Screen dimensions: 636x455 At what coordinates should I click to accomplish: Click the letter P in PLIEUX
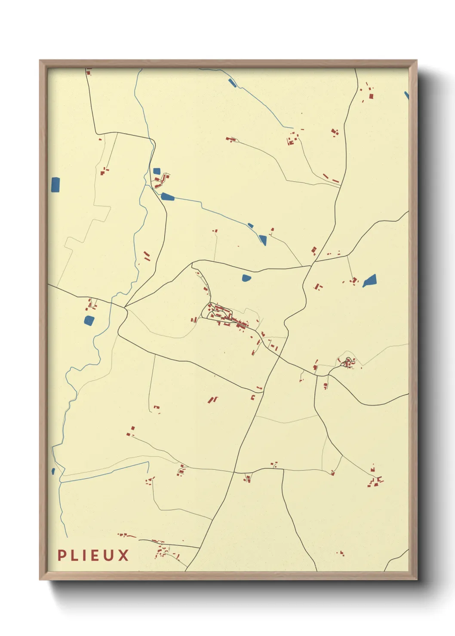(x=61, y=555)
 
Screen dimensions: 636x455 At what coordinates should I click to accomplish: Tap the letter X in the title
(x=124, y=555)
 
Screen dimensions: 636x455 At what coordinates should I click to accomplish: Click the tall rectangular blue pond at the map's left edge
(x=55, y=185)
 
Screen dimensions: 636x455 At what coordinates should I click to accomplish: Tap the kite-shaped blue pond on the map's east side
(x=370, y=281)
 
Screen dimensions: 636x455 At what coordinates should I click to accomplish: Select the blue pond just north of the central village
(x=246, y=278)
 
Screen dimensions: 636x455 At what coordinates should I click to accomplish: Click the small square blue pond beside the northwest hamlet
(x=157, y=171)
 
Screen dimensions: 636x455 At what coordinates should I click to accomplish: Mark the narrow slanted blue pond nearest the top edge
(x=232, y=82)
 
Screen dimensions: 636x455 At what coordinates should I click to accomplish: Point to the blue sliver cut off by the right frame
(x=406, y=95)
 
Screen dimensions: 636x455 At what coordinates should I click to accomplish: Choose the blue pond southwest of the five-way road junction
(x=89, y=320)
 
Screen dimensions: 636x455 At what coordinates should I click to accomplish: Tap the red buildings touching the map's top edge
(x=89, y=72)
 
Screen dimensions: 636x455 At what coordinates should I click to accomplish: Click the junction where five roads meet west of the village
(x=125, y=307)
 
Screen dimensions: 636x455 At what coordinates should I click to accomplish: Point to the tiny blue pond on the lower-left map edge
(x=53, y=471)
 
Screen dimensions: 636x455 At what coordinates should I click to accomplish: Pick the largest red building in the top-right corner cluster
(x=371, y=96)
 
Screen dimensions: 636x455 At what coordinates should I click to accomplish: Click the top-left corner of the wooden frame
(x=40, y=61)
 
